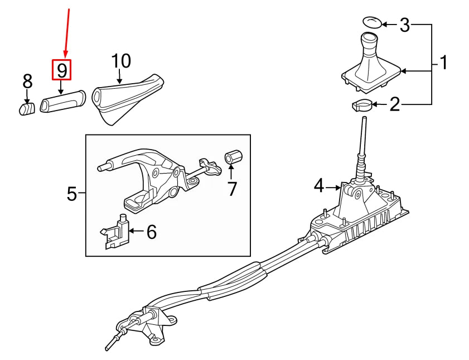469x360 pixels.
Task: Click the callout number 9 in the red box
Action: point(62,70)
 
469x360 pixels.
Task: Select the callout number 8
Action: point(27,81)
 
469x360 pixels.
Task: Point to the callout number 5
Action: point(72,194)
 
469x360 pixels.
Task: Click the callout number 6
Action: point(151,232)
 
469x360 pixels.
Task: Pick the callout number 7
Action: point(232,189)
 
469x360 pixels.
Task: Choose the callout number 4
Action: point(318,185)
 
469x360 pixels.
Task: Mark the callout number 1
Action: point(443,63)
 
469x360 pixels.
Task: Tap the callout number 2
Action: point(395,104)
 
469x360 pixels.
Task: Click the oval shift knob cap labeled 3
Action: point(373,22)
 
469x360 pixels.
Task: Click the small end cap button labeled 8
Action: point(27,108)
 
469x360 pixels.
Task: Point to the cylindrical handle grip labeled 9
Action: point(61,103)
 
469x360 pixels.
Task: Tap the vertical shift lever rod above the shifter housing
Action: point(362,142)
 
